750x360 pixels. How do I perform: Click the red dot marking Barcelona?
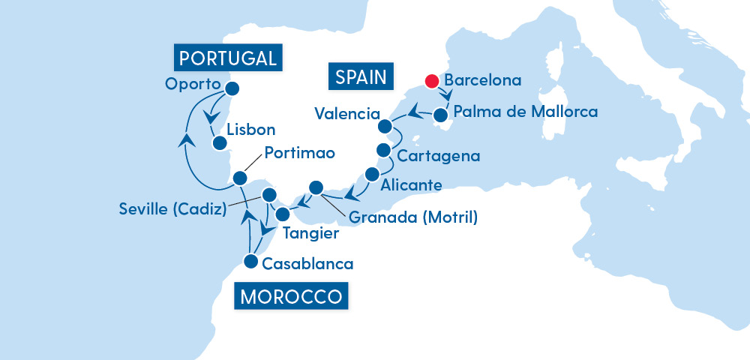pos(432,81)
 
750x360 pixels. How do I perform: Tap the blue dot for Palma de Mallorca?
pos(442,116)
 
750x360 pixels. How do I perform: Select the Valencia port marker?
pos(385,125)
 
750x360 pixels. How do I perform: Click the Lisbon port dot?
pos(218,142)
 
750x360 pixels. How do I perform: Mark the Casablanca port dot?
pos(250,261)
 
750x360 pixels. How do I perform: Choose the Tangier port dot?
pos(283,214)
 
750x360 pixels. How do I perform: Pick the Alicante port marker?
pos(371,174)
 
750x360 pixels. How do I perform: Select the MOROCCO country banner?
pos(292,296)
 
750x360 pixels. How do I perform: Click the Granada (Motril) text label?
pos(412,218)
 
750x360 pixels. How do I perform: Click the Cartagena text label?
pos(438,157)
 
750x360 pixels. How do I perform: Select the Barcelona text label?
pos(483,80)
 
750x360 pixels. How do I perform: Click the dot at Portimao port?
pos(240,178)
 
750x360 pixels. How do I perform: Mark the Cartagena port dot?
pos(384,148)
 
